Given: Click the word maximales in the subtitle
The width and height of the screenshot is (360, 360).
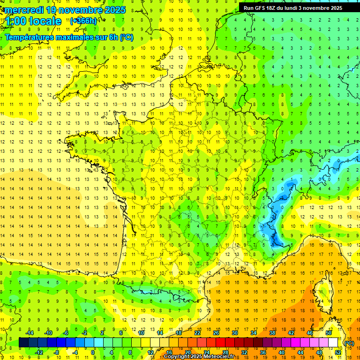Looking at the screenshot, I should (x=74, y=37).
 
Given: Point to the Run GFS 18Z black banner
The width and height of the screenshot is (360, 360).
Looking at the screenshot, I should (x=292, y=8).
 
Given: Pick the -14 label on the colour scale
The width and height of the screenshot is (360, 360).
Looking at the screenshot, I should (x=30, y=333).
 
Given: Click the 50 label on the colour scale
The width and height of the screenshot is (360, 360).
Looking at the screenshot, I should (x=328, y=333).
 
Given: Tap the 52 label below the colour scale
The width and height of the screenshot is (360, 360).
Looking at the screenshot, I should (x=337, y=352).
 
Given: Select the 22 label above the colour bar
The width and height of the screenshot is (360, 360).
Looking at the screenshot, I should (x=197, y=333).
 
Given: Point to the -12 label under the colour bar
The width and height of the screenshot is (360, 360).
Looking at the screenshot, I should (x=39, y=352).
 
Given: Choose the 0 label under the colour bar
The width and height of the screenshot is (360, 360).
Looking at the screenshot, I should (x=93, y=352).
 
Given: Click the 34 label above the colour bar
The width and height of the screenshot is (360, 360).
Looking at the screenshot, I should (x=253, y=333).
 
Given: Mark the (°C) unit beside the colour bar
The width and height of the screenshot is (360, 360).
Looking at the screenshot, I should (x=349, y=343).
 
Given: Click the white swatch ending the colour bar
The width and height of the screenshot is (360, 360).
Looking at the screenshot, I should (x=333, y=343).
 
